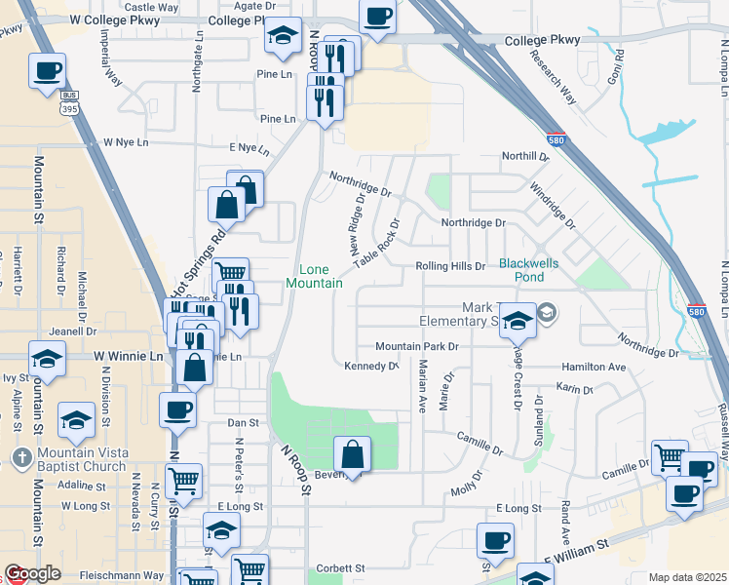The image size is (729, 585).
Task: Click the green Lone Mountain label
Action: click(x=314, y=276)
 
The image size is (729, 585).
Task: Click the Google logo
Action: click(x=32, y=573)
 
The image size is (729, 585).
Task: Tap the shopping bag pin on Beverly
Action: click(x=352, y=455)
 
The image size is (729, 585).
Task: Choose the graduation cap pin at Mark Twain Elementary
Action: click(x=518, y=319)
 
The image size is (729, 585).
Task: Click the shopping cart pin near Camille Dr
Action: click(x=669, y=458)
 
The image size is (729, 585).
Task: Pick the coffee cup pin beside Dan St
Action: click(x=178, y=409)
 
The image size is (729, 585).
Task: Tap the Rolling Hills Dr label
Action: click(x=449, y=266)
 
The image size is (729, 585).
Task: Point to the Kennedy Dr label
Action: click(x=371, y=367)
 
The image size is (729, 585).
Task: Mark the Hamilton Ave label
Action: click(x=593, y=367)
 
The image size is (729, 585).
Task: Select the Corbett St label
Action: click(x=340, y=567)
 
